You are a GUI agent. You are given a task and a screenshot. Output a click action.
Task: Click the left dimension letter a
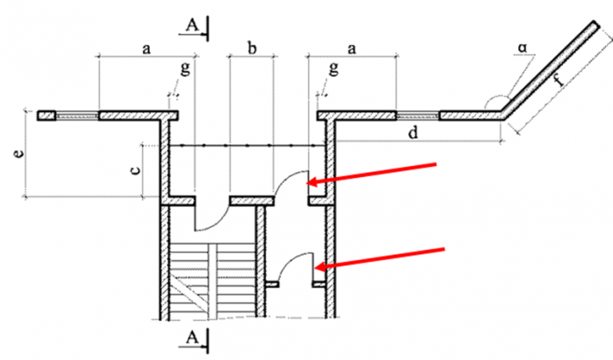point(146,49)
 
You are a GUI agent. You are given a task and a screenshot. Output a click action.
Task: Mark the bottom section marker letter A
point(193,338)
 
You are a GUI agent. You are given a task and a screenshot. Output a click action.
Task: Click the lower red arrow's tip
point(316,267)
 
